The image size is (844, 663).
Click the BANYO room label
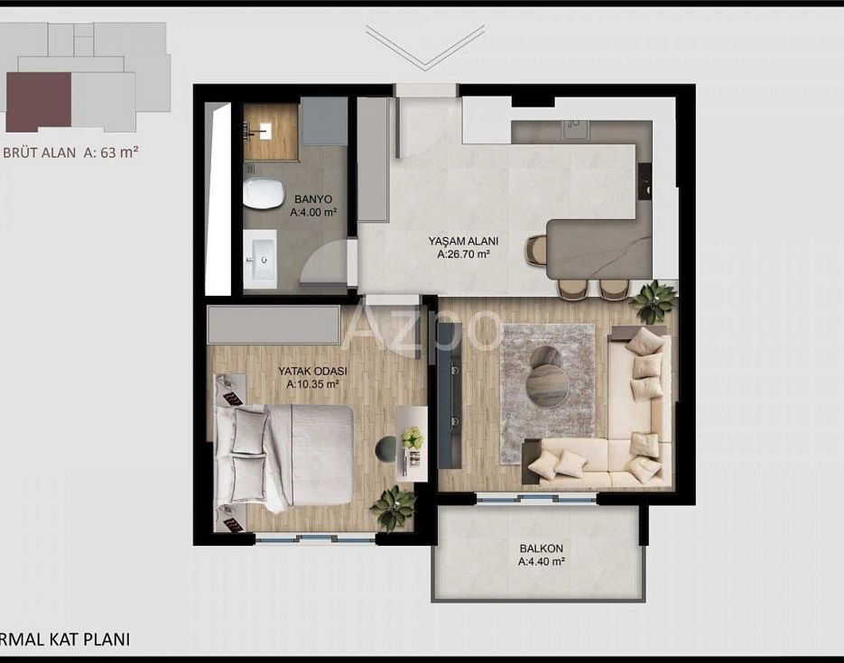(313, 199)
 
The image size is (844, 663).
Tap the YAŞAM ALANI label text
(463, 242)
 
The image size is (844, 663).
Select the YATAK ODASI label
(312, 371)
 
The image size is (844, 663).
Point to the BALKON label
(541, 548)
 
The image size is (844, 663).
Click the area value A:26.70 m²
(463, 254)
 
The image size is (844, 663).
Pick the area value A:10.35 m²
(312, 384)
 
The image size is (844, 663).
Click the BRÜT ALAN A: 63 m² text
(70, 152)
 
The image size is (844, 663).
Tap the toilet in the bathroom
(264, 192)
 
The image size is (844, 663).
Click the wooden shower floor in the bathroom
(270, 132)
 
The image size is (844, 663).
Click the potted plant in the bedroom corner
(393, 507)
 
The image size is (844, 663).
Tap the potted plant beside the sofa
(653, 301)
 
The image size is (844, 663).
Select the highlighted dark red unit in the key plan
(39, 102)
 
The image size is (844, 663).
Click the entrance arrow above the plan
(424, 47)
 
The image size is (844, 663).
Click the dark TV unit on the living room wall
(450, 395)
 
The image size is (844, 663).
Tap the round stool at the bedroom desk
(385, 449)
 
